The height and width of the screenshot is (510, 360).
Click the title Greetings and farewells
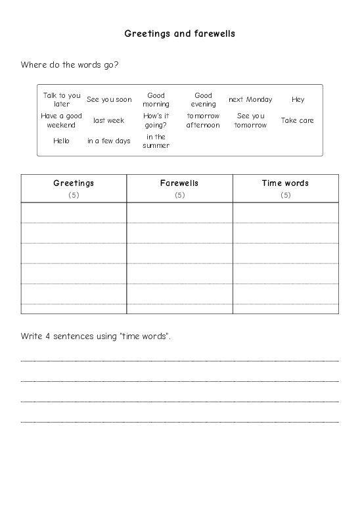pyautogui.click(x=179, y=32)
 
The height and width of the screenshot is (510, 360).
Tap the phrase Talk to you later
pyautogui.click(x=62, y=99)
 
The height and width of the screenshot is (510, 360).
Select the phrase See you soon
pyautogui.click(x=109, y=100)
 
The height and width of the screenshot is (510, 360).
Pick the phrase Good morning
pyautogui.click(x=156, y=99)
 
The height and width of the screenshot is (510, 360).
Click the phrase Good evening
pyautogui.click(x=203, y=99)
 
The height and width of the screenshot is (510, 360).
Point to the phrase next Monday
pyautogui.click(x=250, y=100)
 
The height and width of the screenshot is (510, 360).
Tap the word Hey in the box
pyautogui.click(x=298, y=100)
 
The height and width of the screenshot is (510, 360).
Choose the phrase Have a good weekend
pyautogui.click(x=62, y=120)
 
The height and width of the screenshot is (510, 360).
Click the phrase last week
pyautogui.click(x=109, y=120)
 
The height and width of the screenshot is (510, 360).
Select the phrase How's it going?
pyautogui.click(x=156, y=120)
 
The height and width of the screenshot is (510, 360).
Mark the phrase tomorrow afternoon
pyautogui.click(x=203, y=120)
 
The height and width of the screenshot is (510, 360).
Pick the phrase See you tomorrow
pyautogui.click(x=250, y=120)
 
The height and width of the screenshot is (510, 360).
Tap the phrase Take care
pyautogui.click(x=298, y=120)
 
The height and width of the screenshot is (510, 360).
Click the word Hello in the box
pyautogui.click(x=62, y=141)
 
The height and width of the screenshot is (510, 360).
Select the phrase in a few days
pyautogui.click(x=109, y=141)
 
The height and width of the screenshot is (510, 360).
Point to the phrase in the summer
pyautogui.click(x=156, y=141)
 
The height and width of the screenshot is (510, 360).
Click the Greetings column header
pyautogui.click(x=74, y=183)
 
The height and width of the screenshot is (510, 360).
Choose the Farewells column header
pyautogui.click(x=179, y=183)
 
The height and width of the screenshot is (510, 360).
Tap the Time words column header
pyautogui.click(x=285, y=183)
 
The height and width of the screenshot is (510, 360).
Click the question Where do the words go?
pyautogui.click(x=70, y=64)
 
